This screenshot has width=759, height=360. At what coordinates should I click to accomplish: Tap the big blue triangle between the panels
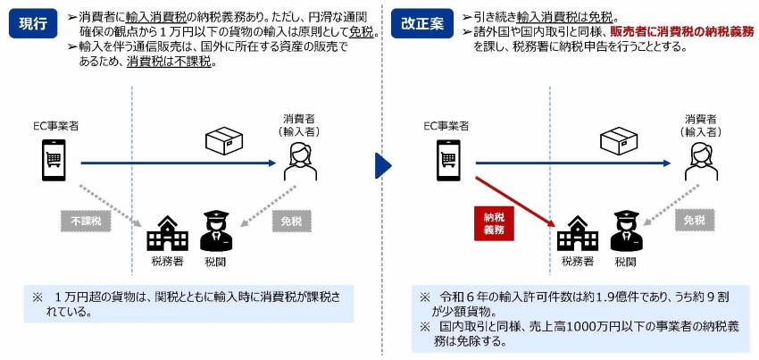pos(382,164)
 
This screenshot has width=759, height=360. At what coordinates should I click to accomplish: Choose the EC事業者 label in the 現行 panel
pos(52,126)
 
